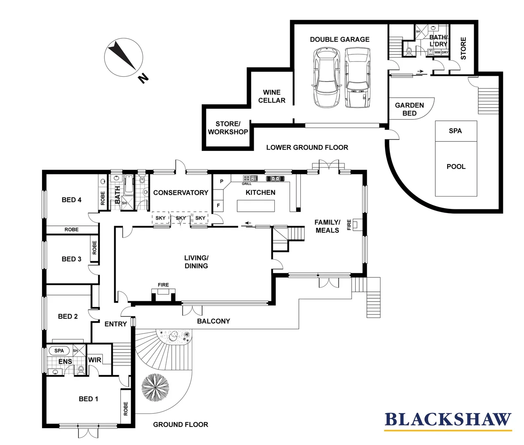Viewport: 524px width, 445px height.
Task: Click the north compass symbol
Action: point(124,58)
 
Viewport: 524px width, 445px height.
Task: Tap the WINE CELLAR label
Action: point(271,96)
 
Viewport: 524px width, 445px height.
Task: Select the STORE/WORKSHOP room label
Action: point(228,128)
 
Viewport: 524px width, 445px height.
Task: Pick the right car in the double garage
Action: point(358,77)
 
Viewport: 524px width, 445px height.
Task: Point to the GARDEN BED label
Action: point(409,109)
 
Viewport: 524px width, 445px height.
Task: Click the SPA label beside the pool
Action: point(455,131)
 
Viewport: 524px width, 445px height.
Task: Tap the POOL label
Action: point(456,166)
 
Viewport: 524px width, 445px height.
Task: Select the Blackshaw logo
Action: point(448,420)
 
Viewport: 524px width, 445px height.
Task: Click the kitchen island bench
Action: point(256,206)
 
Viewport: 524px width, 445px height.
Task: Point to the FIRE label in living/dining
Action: point(163,285)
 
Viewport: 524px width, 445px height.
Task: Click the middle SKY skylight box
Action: point(181,218)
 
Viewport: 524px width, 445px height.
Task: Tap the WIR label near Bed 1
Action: point(94,360)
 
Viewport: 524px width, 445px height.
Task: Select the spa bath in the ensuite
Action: point(59,351)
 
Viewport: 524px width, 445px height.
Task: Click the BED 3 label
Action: point(71,259)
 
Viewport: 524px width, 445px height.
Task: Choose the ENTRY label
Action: point(116,324)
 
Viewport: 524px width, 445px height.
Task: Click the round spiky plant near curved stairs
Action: point(155,388)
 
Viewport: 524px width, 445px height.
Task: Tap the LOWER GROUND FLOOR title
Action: point(307,148)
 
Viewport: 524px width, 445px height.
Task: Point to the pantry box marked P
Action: point(222,181)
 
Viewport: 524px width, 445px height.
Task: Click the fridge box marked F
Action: point(218,205)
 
